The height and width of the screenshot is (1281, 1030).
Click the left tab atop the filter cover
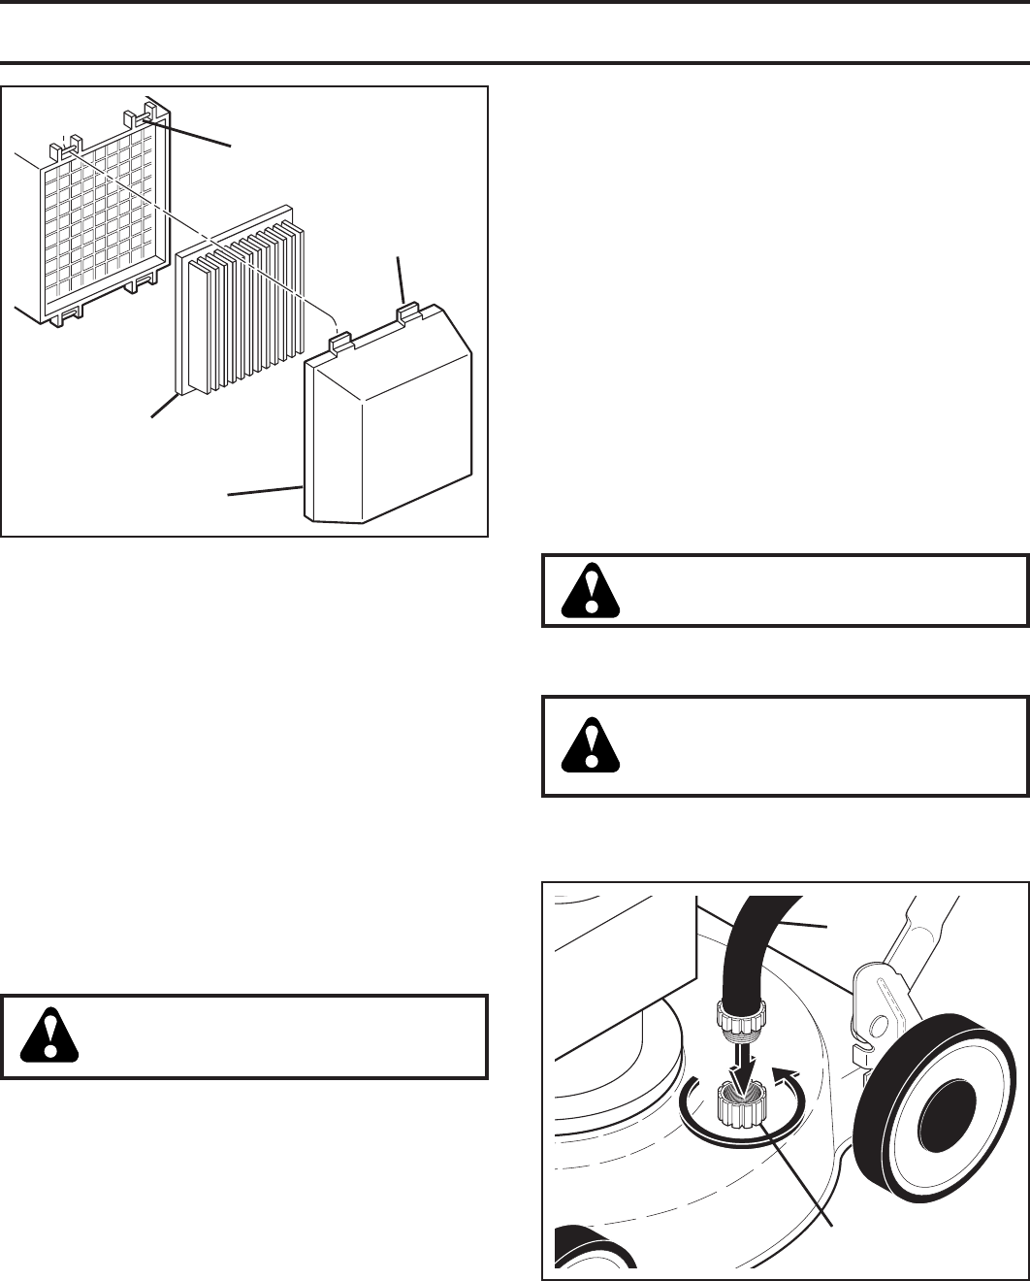(338, 340)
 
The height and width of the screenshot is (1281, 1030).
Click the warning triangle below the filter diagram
(48, 1036)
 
